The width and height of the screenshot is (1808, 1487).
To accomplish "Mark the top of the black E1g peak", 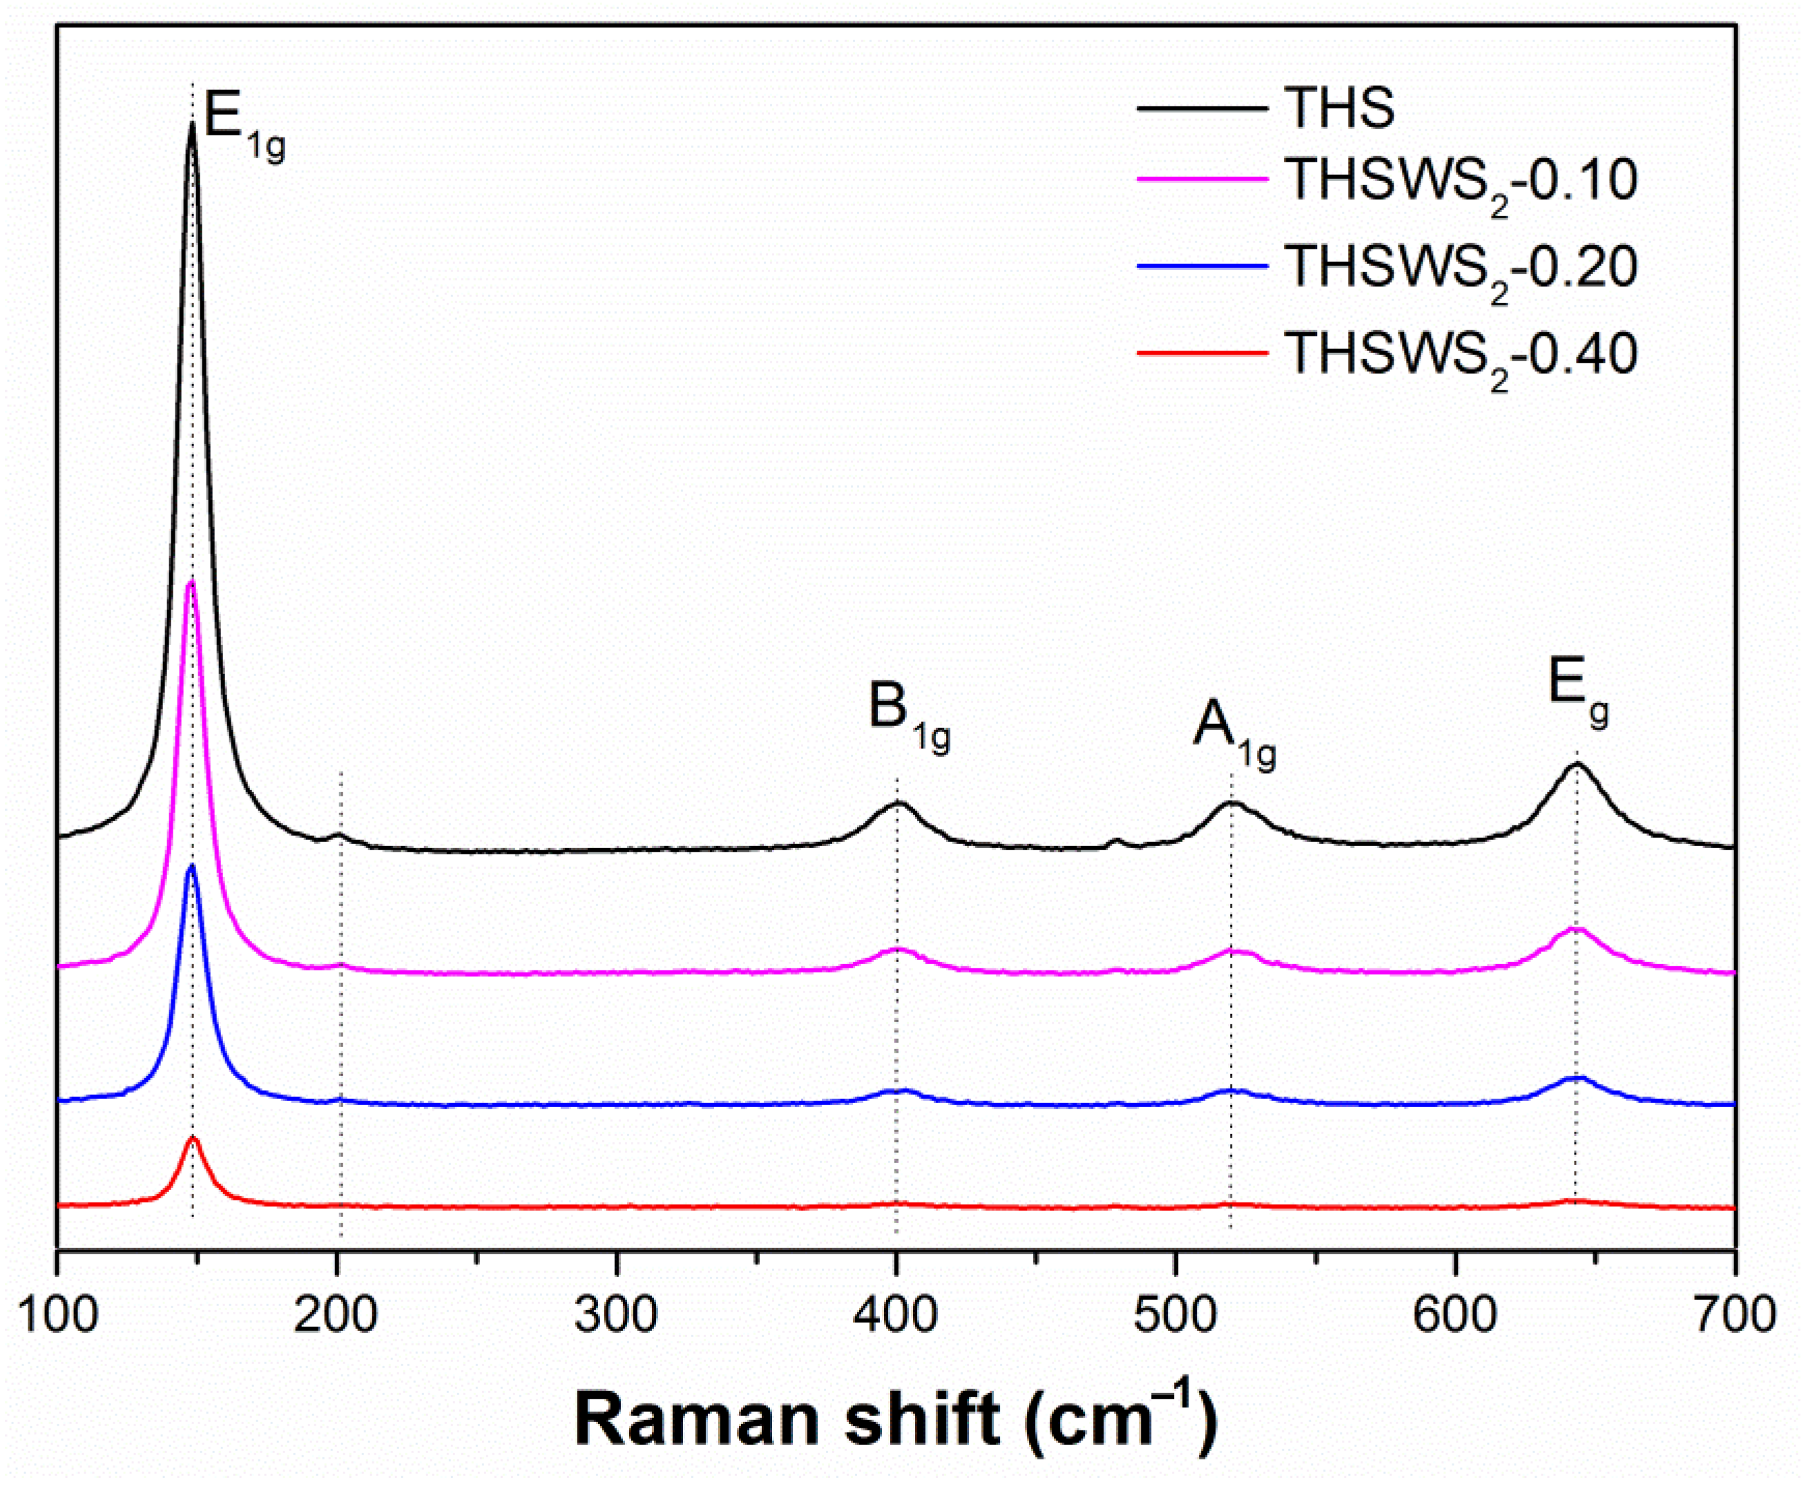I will point(192,125).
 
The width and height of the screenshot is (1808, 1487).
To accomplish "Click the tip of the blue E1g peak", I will point(191,867).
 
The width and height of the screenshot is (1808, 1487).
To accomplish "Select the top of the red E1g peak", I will point(193,1138).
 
